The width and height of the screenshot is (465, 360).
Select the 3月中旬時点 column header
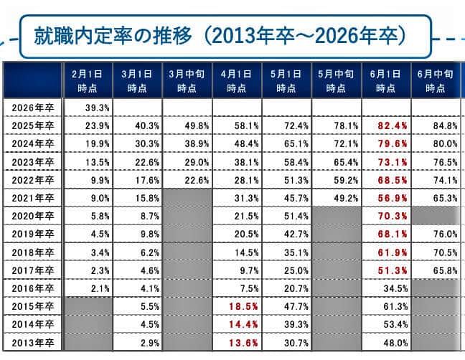pos(187,81)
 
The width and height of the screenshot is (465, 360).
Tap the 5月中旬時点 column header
pos(337,81)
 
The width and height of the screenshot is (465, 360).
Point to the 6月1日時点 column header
pos(386,81)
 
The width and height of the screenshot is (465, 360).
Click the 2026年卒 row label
pos(33,107)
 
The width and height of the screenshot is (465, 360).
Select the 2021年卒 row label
pos(33,197)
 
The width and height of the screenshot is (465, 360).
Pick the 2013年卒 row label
pos(33,342)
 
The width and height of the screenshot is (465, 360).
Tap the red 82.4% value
pos(387,125)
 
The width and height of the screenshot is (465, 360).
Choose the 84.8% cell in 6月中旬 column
pos(436,125)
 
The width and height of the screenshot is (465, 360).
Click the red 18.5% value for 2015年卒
pos(237,305)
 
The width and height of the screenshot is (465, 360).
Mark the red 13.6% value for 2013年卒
pos(237,342)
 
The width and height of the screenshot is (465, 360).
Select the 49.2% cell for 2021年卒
pos(337,197)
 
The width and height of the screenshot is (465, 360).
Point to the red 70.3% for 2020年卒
pos(387,215)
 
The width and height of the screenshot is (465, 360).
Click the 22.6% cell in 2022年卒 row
pos(187,179)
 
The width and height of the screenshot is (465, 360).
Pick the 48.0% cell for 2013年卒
pos(387,342)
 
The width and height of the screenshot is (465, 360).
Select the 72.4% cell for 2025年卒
pos(287,125)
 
